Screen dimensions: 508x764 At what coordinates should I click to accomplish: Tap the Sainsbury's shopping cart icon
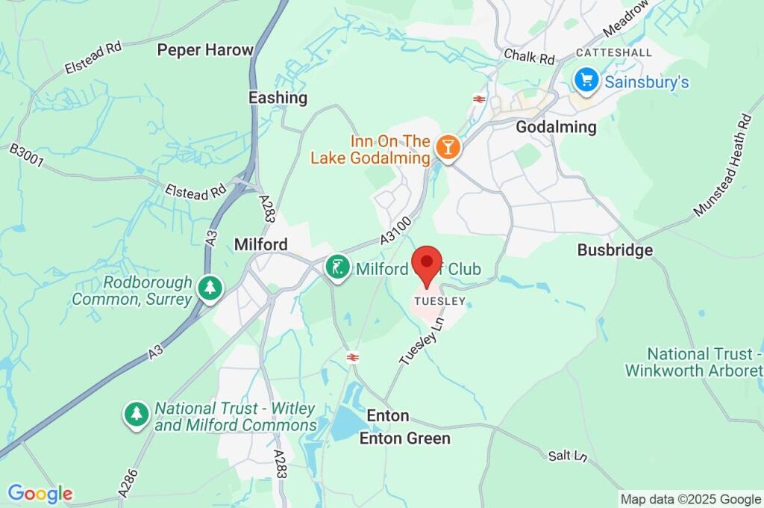tap(586, 80)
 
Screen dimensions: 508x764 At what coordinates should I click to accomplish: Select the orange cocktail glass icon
tap(448, 147)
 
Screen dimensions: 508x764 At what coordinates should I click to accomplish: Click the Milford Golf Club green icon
tap(338, 268)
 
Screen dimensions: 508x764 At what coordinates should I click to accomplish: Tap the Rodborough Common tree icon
tap(210, 288)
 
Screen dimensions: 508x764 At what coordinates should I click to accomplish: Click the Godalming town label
tap(556, 127)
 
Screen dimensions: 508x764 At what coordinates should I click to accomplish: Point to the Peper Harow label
tap(205, 50)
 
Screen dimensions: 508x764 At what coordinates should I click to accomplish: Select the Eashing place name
tap(278, 98)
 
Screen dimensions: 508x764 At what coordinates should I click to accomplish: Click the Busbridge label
tap(615, 250)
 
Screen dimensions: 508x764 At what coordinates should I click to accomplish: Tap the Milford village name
tap(260, 244)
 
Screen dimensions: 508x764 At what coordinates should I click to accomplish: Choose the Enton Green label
tap(404, 439)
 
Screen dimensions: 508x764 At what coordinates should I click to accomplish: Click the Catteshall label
tap(614, 52)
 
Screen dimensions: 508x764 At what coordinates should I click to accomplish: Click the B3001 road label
tap(25, 160)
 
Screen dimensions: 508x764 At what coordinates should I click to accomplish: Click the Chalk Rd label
tap(529, 56)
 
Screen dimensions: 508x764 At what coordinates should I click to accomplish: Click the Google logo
tap(40, 494)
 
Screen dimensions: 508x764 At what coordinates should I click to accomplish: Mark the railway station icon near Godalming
tap(479, 99)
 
